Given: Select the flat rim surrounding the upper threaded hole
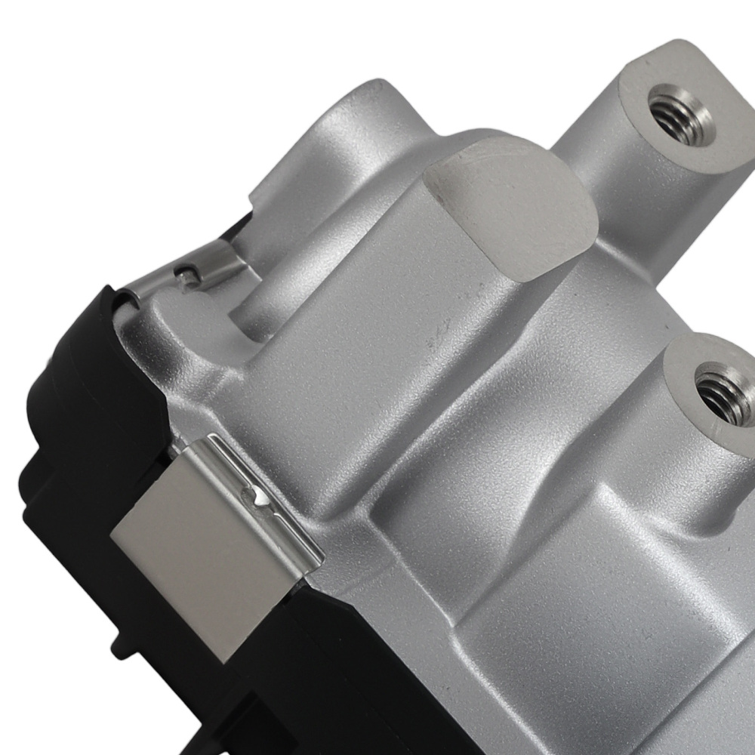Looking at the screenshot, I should pyautogui.click(x=642, y=91).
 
